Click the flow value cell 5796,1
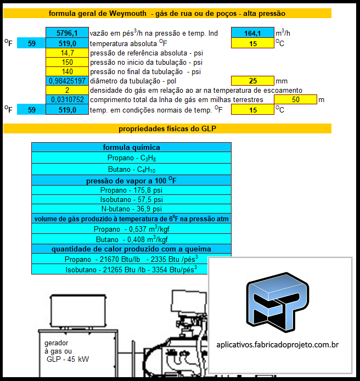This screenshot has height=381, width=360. [67, 33]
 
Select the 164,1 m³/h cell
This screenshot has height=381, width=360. [252, 33]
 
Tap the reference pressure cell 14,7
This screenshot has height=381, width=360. [67, 53]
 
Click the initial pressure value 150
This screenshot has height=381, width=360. [67, 62]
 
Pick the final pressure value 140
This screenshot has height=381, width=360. [67, 71]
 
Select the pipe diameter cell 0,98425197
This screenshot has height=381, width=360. [67, 81]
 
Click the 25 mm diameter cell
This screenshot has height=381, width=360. [252, 81]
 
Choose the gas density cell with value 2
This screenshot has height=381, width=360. [67, 90]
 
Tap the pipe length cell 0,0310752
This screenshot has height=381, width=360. [67, 100]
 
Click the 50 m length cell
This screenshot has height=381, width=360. [295, 100]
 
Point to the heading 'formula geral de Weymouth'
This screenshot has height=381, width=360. [167, 13]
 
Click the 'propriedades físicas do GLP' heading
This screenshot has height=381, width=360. [167, 129]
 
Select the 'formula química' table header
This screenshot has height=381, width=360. [131, 147]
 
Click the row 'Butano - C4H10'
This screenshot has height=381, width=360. [131, 169]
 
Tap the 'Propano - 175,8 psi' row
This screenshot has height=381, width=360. [131, 190]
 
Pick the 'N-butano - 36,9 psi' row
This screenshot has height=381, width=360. [131, 209]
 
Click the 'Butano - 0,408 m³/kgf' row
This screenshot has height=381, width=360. [131, 239]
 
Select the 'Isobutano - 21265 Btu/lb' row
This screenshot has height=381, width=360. [131, 270]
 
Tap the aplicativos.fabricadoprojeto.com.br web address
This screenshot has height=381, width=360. [277, 345]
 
